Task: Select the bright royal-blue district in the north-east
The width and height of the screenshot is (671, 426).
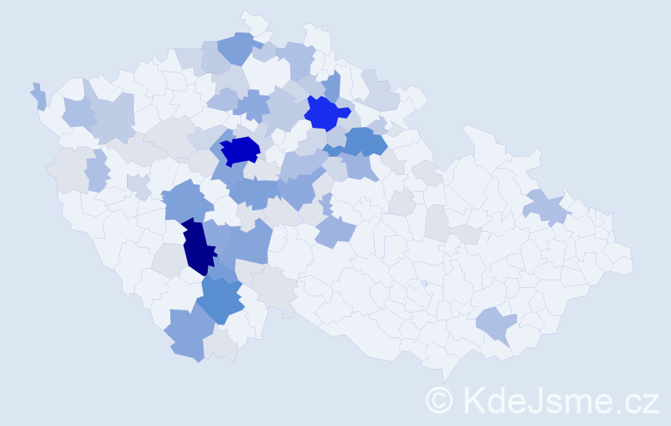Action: click(324, 113)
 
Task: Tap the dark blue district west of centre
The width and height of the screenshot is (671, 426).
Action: click(239, 151)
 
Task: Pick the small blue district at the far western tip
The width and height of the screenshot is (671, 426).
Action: click(38, 96)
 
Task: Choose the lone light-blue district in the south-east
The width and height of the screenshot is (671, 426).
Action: click(495, 325)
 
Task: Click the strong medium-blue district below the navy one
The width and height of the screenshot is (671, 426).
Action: click(221, 300)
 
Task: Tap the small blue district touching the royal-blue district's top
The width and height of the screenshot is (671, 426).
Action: click(332, 84)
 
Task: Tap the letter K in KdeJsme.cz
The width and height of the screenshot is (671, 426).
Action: click(473, 400)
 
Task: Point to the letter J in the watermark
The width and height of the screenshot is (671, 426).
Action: click(538, 400)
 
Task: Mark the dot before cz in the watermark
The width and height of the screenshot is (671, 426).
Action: click(619, 410)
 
